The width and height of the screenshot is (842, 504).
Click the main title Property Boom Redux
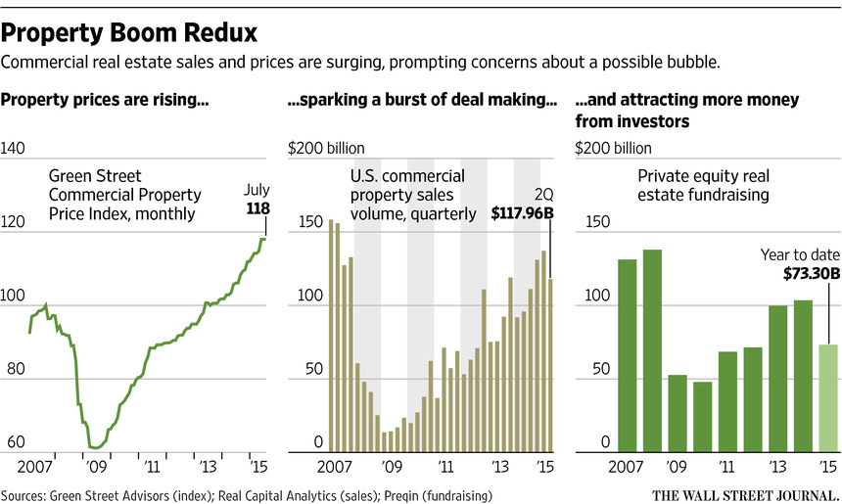pyautogui.click(x=129, y=33)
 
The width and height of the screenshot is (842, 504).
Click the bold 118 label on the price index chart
pyautogui.click(x=256, y=208)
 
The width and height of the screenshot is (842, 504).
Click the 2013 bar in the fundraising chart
pyautogui.click(x=777, y=378)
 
